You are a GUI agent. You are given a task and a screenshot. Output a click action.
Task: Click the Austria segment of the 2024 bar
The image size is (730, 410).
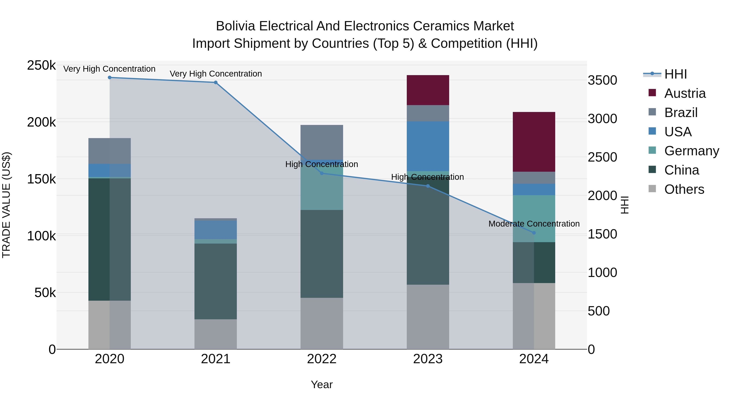[x=534, y=142]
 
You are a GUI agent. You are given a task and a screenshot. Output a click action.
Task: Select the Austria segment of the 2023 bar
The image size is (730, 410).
[x=428, y=90]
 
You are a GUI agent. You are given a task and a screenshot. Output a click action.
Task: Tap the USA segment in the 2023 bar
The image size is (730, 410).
[x=428, y=146]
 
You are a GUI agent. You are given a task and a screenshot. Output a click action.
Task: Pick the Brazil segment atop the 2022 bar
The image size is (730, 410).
[x=322, y=142]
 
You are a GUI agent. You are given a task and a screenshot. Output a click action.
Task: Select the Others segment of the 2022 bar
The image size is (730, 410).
[x=322, y=323]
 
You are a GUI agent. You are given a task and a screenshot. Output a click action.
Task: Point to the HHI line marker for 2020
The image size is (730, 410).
[x=110, y=78]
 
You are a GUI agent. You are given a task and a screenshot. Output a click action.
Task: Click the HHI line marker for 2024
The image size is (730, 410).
[x=534, y=233]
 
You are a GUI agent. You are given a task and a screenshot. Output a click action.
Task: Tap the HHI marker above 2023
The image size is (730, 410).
[x=428, y=186]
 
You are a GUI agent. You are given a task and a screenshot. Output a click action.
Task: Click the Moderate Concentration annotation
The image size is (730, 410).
[x=534, y=224]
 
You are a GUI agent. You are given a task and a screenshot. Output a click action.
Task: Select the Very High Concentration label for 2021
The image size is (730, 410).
[x=216, y=74]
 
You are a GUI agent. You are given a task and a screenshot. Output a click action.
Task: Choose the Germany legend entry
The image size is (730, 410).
[x=691, y=151]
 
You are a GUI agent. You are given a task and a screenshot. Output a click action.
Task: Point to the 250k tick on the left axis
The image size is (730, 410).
[x=41, y=65]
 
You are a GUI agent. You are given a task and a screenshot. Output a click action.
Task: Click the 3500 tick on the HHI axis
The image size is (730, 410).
[x=602, y=80]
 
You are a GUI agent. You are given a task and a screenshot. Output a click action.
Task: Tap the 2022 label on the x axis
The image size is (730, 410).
[x=322, y=359]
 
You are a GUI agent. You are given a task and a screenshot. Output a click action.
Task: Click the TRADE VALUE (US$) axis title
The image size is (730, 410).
[x=6, y=205]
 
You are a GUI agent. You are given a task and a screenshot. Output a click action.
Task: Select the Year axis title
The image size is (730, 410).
[x=322, y=384]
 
